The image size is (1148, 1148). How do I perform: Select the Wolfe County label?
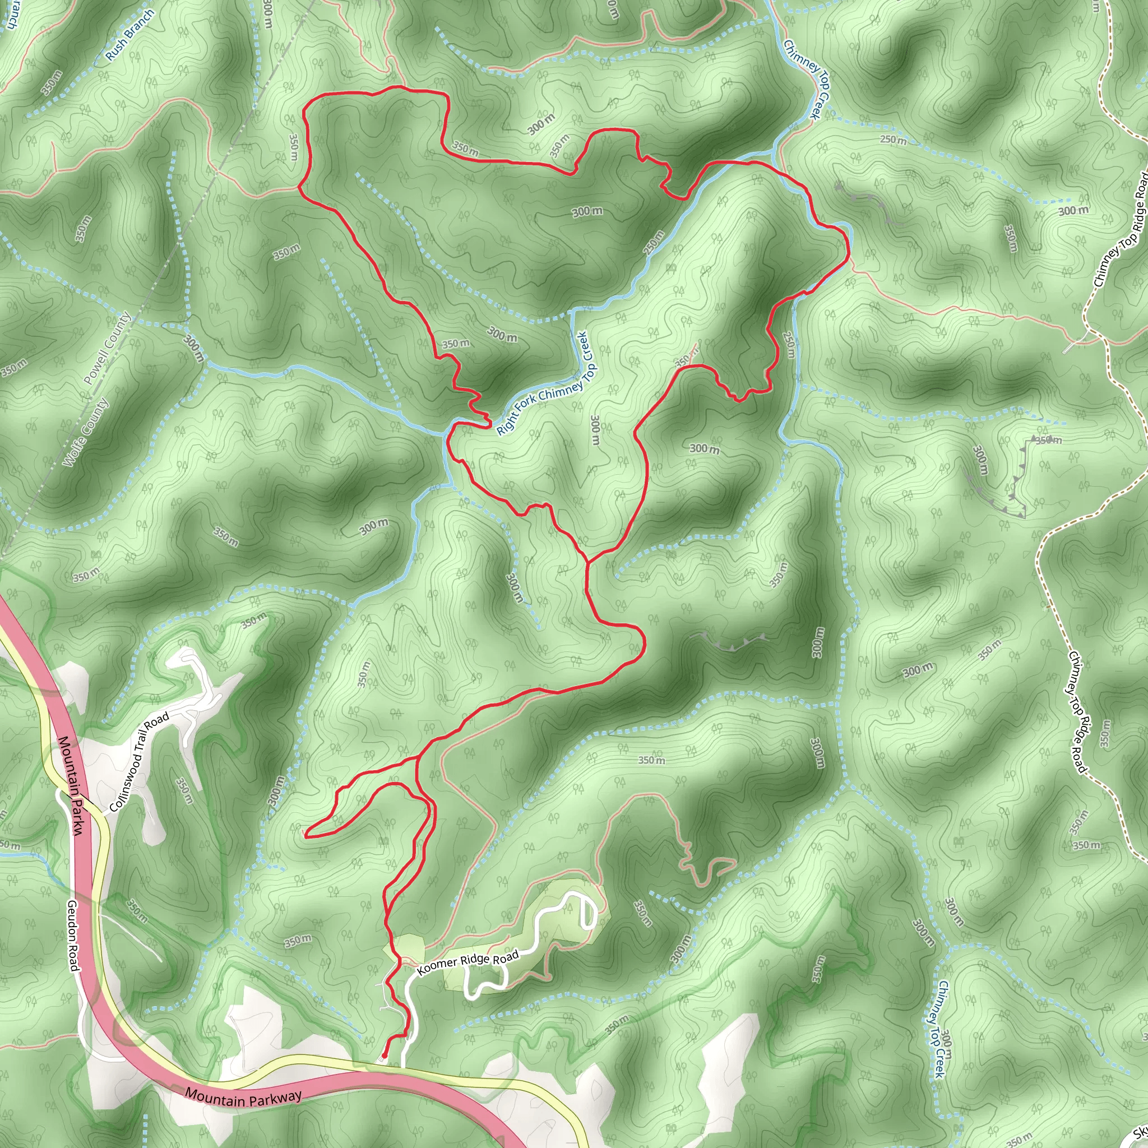[x=86, y=432]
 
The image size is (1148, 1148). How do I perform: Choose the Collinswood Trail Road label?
[x=140, y=762]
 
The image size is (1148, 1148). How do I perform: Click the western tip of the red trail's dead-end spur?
[x=306, y=835]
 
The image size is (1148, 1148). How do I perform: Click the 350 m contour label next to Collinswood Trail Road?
[x=184, y=790]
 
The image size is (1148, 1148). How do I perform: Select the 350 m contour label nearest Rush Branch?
[x=52, y=82]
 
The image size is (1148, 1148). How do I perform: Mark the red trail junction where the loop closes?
[x=587, y=561]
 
